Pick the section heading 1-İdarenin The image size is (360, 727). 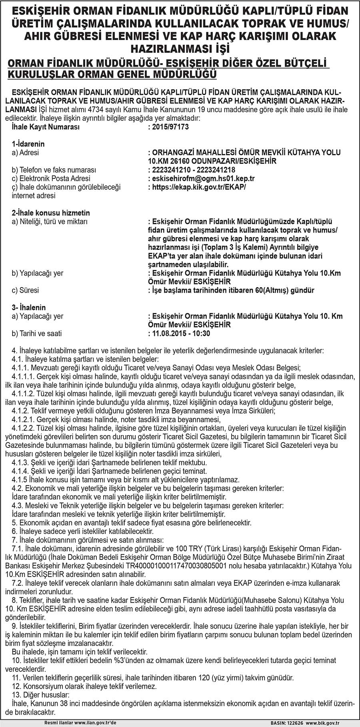tap(28, 144)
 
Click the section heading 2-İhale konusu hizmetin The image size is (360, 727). tap(51, 213)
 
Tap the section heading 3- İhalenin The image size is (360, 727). tap(29, 308)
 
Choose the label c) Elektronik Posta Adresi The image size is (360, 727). tap(51, 178)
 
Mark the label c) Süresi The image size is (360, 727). tap(25, 290)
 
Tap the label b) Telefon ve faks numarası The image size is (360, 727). tap(54, 170)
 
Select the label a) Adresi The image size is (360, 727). tap(26, 152)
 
